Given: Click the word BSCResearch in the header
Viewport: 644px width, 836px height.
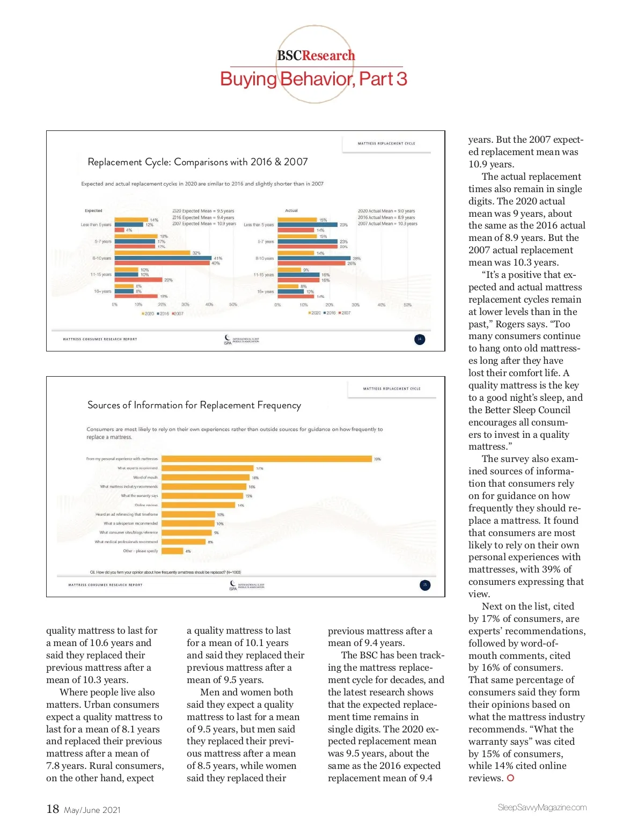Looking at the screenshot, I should point(316,56).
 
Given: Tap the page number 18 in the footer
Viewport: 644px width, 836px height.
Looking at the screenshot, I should point(53,809).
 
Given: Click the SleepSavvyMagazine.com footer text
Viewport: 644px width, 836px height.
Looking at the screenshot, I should point(542,808).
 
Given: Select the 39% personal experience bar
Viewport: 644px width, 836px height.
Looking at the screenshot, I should point(266,459).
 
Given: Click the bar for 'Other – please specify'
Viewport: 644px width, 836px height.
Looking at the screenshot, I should point(172,551).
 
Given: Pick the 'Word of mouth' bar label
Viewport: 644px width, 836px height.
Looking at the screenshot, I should point(145,478).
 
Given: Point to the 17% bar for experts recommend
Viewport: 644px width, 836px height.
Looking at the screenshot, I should point(207,468).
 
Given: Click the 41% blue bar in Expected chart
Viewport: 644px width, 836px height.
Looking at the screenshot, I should point(163,258).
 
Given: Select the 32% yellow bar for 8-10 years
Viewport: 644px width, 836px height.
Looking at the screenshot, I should point(152,253).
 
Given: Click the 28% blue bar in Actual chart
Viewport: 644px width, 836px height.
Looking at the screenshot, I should point(314,258).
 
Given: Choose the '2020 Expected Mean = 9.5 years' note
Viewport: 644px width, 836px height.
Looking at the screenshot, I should point(203,211).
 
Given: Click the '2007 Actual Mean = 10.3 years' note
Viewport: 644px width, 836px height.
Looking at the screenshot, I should point(387,224).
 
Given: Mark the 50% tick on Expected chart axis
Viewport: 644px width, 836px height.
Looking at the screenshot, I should point(233,305).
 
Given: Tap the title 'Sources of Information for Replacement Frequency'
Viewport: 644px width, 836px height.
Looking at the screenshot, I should point(194,405).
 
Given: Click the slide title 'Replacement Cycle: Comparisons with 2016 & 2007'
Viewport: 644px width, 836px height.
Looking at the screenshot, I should point(197,162).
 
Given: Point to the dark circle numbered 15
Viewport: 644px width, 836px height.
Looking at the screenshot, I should point(425,585).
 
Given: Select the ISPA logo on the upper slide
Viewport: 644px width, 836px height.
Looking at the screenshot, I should point(241,340).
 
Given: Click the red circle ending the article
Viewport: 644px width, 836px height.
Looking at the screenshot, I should point(510,778).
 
